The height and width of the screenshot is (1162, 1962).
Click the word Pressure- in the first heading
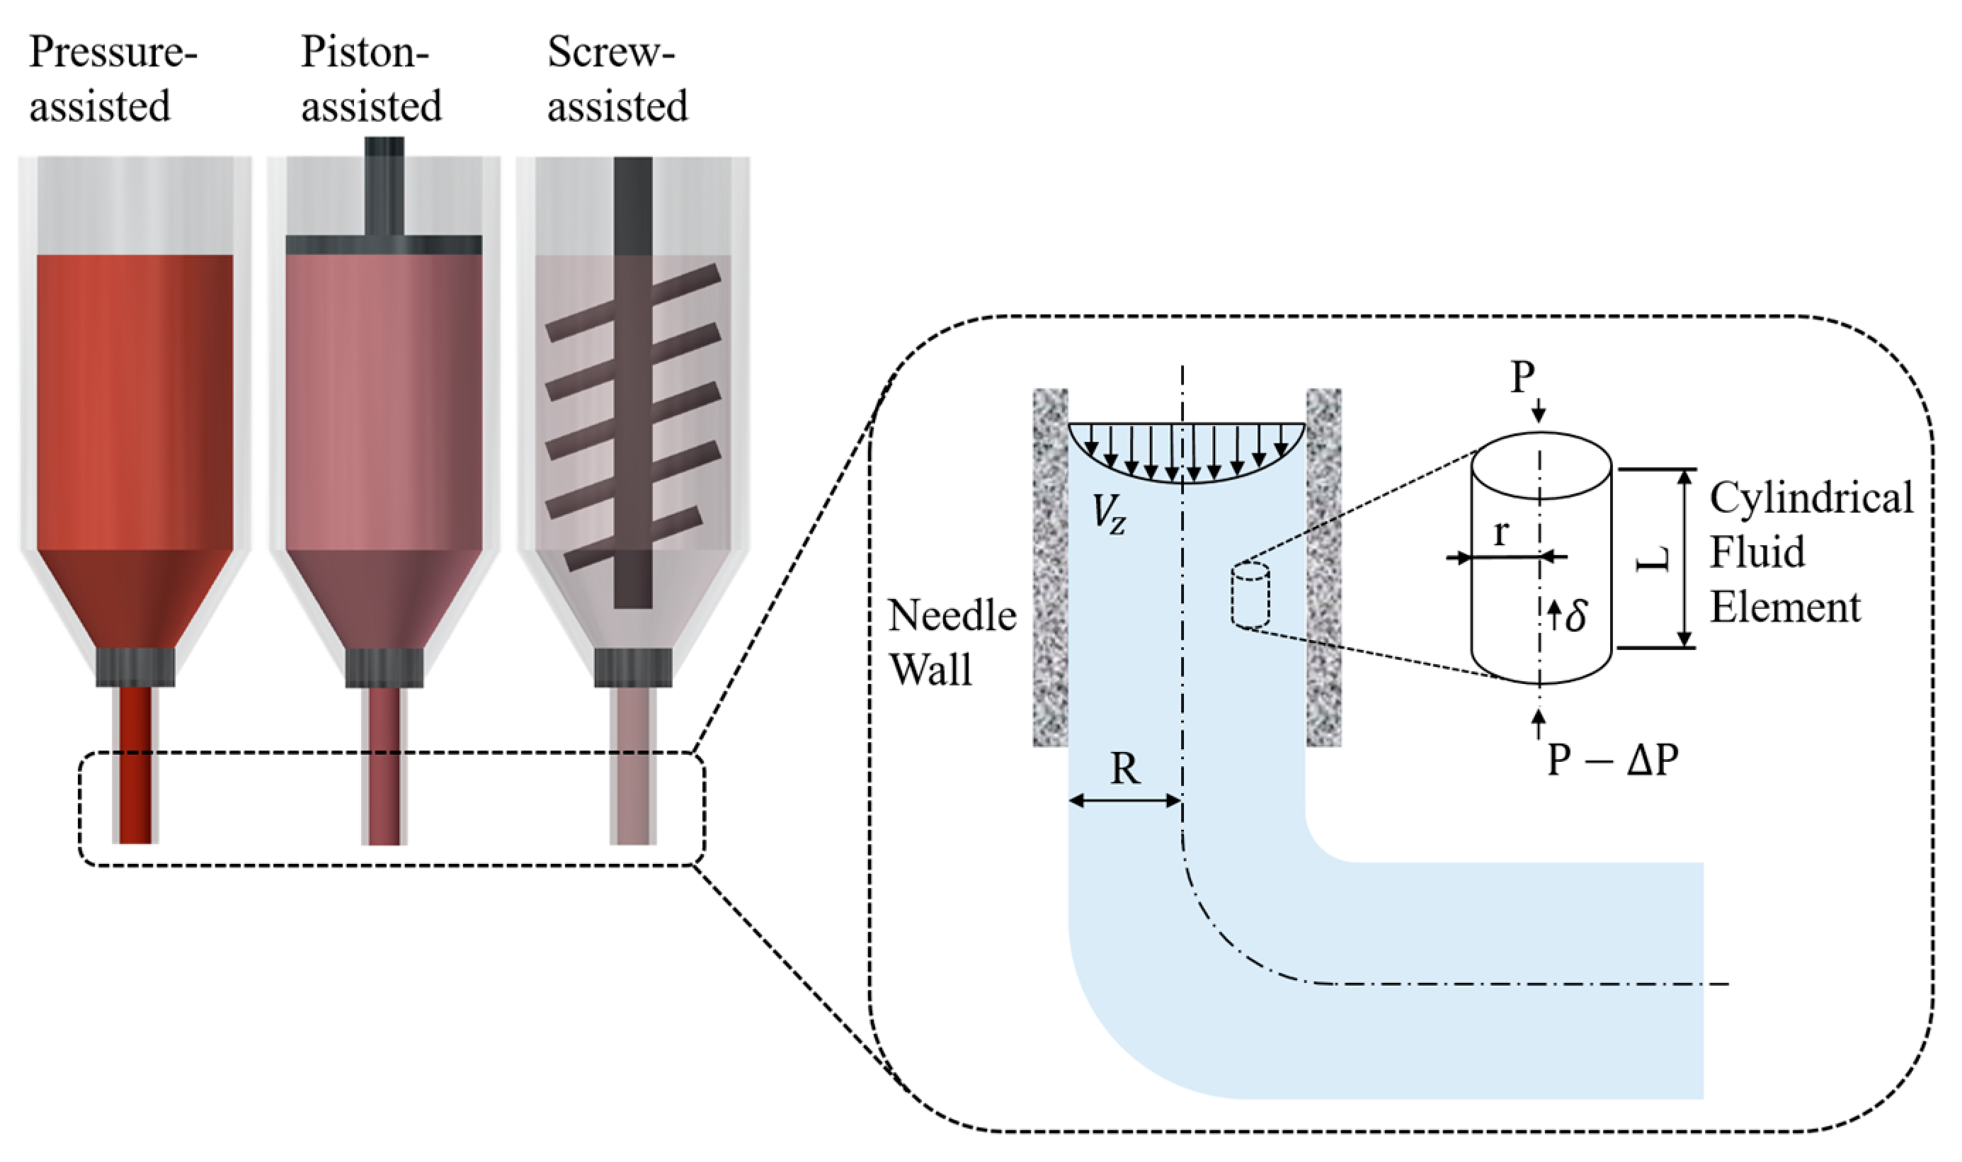tap(113, 53)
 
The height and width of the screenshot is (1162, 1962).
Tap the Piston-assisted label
tap(371, 79)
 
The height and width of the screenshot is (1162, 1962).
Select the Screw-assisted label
tap(617, 79)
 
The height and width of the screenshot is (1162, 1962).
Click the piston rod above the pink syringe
tap(384, 188)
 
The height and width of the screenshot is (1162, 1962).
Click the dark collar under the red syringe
tap(135, 667)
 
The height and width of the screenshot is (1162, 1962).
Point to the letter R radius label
tap(1124, 769)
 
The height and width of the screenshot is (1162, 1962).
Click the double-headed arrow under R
tap(1124, 800)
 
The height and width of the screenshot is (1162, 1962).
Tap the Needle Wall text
tap(951, 642)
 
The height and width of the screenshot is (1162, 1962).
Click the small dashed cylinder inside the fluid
tap(1250, 595)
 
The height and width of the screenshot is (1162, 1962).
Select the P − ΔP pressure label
tap(1613, 760)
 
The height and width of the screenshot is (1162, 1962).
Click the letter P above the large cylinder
tap(1522, 378)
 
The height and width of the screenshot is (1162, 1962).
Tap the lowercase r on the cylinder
tap(1500, 533)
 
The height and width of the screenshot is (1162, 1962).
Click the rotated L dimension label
tap(1653, 559)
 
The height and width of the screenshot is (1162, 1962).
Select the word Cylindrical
tap(1810, 498)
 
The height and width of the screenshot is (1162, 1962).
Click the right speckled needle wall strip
tap(1323, 568)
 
